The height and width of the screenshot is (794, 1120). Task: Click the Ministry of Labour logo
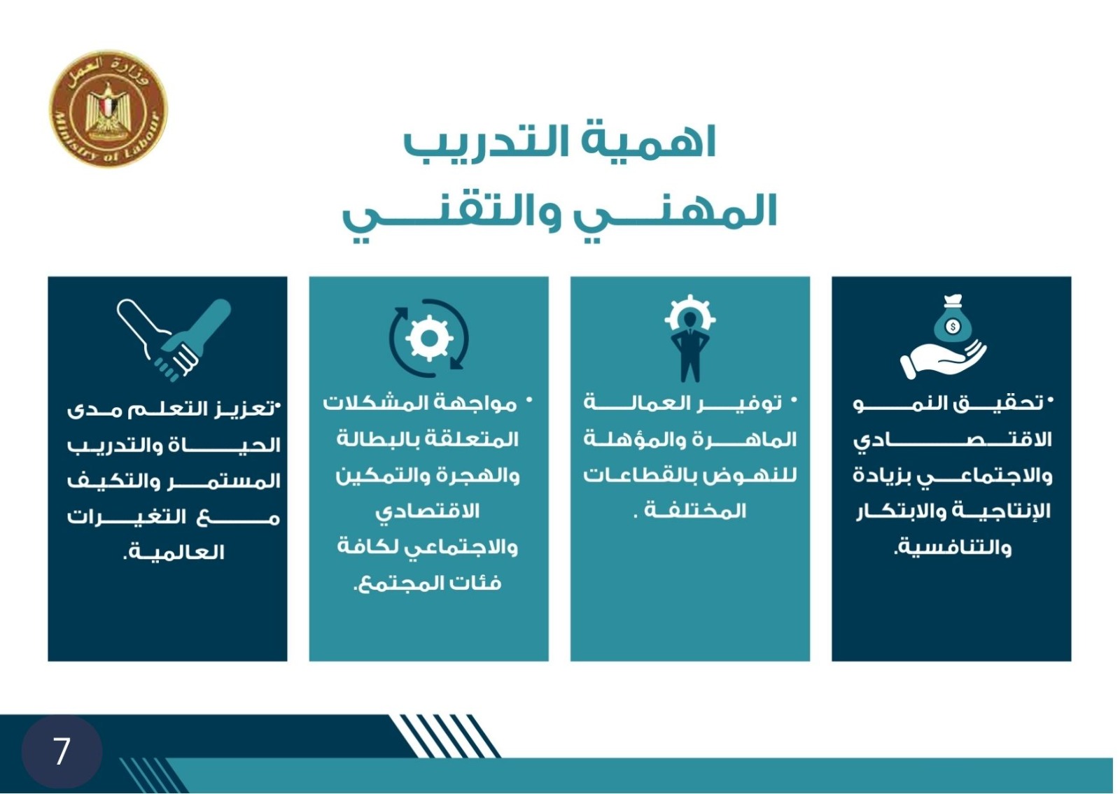(x=108, y=108)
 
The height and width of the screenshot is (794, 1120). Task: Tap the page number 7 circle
(x=62, y=751)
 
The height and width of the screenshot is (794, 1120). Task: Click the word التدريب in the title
(x=486, y=142)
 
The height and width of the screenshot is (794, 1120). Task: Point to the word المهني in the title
(x=674, y=213)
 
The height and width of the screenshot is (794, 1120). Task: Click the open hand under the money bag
(x=942, y=359)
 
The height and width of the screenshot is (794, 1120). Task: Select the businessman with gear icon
(x=690, y=338)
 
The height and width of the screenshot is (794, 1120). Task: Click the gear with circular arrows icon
(x=429, y=338)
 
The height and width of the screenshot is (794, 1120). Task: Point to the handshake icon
(x=174, y=340)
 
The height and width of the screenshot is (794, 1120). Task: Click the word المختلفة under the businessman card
(x=695, y=511)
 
